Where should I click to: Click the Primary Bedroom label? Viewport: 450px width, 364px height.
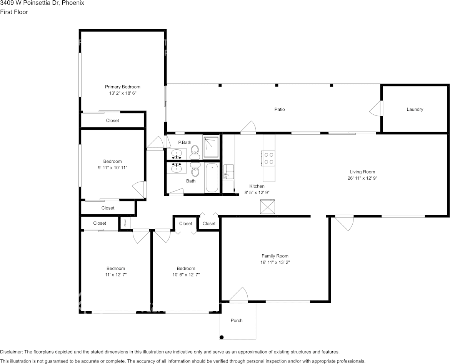pyautogui.click(x=122, y=87)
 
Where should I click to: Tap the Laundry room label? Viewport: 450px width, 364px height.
pyautogui.click(x=415, y=109)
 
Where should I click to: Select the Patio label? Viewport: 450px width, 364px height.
pyautogui.click(x=279, y=109)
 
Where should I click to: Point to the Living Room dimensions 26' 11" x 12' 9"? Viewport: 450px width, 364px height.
pyautogui.click(x=362, y=178)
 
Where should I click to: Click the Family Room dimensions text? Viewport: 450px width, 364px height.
pyautogui.click(x=275, y=262)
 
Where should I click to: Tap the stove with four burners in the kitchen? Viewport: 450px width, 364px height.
pyautogui.click(x=269, y=158)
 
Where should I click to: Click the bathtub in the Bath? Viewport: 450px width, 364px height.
pyautogui.click(x=212, y=177)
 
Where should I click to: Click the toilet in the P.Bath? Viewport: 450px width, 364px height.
pyautogui.click(x=195, y=152)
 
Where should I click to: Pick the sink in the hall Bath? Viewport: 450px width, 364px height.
pyautogui.click(x=177, y=168)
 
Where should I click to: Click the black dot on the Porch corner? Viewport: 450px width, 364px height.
pyautogui.click(x=222, y=337)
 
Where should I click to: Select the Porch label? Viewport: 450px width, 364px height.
pyautogui.click(x=237, y=320)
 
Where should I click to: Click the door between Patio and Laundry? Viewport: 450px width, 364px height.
pyautogui.click(x=376, y=109)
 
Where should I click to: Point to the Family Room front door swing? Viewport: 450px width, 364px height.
pyautogui.click(x=239, y=294)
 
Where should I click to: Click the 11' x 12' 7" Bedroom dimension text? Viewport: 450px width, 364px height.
pyautogui.click(x=116, y=275)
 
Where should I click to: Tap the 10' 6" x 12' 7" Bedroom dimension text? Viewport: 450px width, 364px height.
pyautogui.click(x=186, y=275)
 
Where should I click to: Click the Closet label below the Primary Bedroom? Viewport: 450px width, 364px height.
pyautogui.click(x=112, y=120)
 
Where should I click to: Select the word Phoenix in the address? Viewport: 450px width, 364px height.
pyautogui.click(x=75, y=3)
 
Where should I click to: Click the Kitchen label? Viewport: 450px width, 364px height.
pyautogui.click(x=257, y=186)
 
